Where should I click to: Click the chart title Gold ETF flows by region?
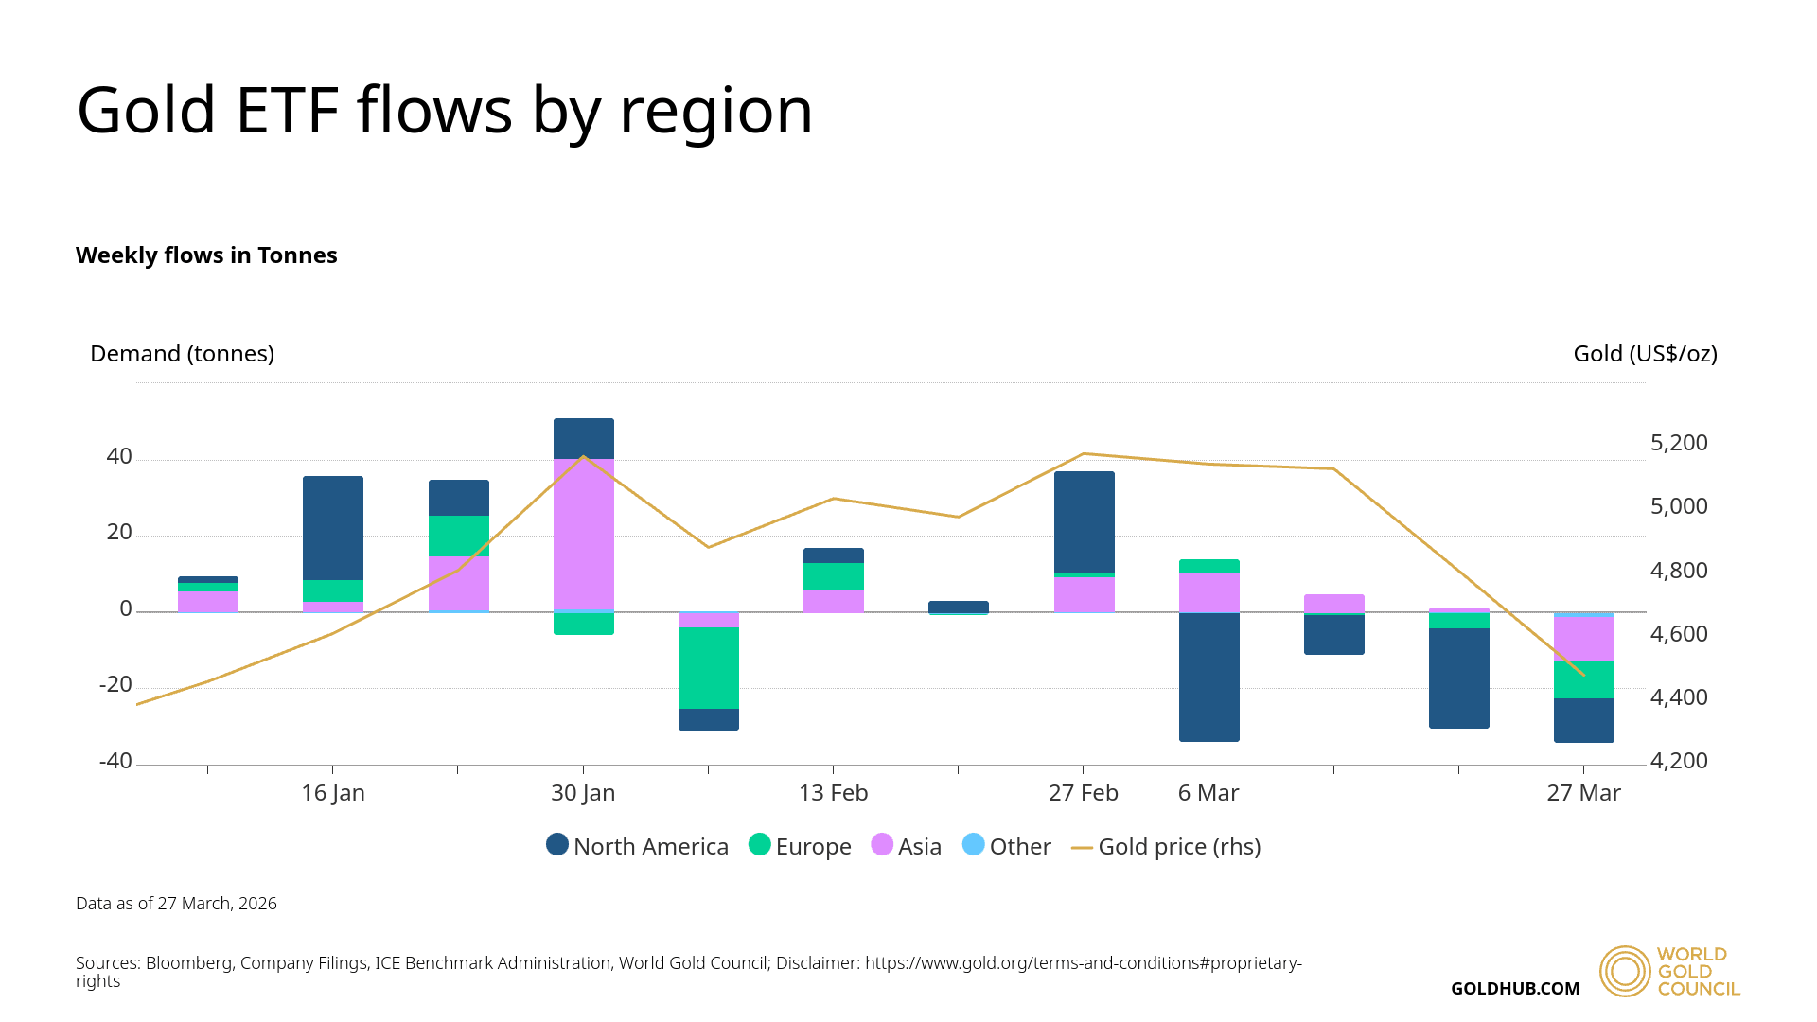tap(445, 111)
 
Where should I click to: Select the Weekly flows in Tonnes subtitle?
tap(206, 255)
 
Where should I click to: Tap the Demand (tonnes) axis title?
tap(182, 354)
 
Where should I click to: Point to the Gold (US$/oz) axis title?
tap(1645, 354)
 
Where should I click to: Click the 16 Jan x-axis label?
tap(333, 793)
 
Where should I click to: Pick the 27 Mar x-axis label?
tap(1583, 793)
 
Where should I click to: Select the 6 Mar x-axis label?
tap(1208, 793)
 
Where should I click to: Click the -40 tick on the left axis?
tap(116, 761)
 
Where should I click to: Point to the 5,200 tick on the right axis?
tap(1679, 443)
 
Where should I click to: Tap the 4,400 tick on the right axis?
tap(1679, 697)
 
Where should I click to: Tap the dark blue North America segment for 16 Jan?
tap(333, 527)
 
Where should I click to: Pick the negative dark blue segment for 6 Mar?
tap(1208, 677)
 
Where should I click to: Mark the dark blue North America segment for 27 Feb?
tap(1084, 520)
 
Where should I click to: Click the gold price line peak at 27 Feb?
tap(1084, 453)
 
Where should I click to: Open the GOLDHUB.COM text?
tap(1515, 989)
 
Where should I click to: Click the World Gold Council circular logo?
tap(1625, 971)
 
